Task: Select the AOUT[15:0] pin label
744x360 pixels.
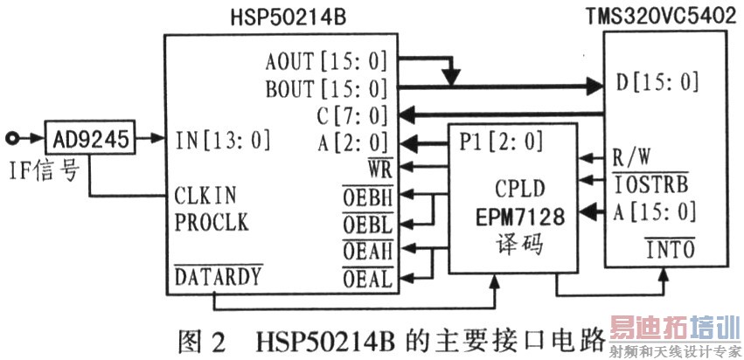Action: (327, 62)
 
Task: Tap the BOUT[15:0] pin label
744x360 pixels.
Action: (327, 89)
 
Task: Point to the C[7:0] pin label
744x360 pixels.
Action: (353, 115)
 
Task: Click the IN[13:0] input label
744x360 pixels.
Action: (223, 140)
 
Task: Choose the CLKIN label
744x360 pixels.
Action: (205, 196)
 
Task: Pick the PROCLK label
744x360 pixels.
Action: (212, 222)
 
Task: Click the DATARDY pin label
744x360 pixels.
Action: (219, 275)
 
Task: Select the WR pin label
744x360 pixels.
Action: (379, 169)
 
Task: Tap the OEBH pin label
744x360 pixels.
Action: (368, 197)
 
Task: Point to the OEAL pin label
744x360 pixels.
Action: (368, 278)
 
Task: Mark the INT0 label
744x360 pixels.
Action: (669, 248)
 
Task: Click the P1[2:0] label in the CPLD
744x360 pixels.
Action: (501, 141)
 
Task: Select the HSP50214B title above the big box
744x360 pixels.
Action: (288, 18)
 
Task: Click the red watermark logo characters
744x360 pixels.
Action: (675, 326)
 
